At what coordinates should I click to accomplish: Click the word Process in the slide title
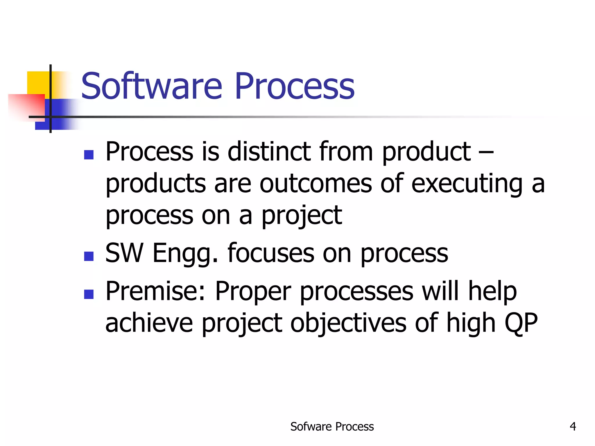295,86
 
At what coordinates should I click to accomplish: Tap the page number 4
573,426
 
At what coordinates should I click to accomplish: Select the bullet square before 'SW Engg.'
89,256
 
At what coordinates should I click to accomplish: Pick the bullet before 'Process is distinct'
89,155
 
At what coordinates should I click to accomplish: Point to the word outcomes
316,183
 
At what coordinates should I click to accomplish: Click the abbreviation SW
124,253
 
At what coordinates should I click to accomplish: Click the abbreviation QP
521,323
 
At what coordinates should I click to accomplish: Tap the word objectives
348,323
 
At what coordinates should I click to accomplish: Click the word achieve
149,323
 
